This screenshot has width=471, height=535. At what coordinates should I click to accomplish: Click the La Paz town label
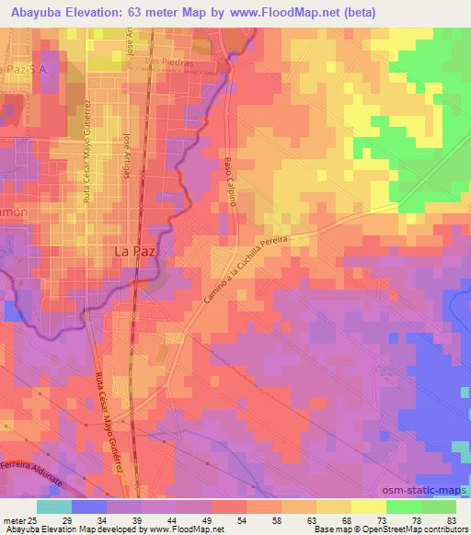tap(135, 250)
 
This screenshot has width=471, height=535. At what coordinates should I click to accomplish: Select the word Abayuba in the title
tap(38, 11)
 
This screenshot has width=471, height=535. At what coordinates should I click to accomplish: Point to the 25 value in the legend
tap(34, 519)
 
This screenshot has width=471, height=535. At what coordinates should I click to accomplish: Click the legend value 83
tap(451, 519)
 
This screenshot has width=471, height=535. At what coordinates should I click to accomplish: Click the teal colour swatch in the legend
tap(54, 507)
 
